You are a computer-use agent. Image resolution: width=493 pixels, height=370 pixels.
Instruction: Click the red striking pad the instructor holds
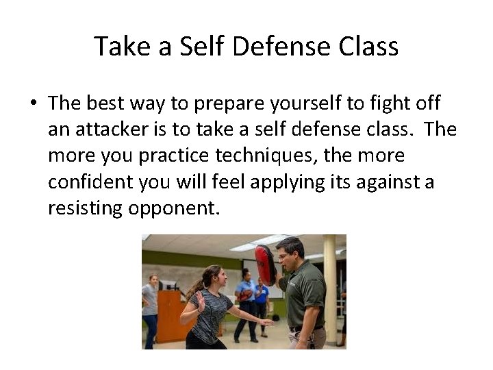click(x=265, y=264)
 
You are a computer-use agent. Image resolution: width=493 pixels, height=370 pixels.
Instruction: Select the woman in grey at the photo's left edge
click(x=149, y=308)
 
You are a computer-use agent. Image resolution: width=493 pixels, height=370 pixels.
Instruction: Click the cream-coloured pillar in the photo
click(x=330, y=288)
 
